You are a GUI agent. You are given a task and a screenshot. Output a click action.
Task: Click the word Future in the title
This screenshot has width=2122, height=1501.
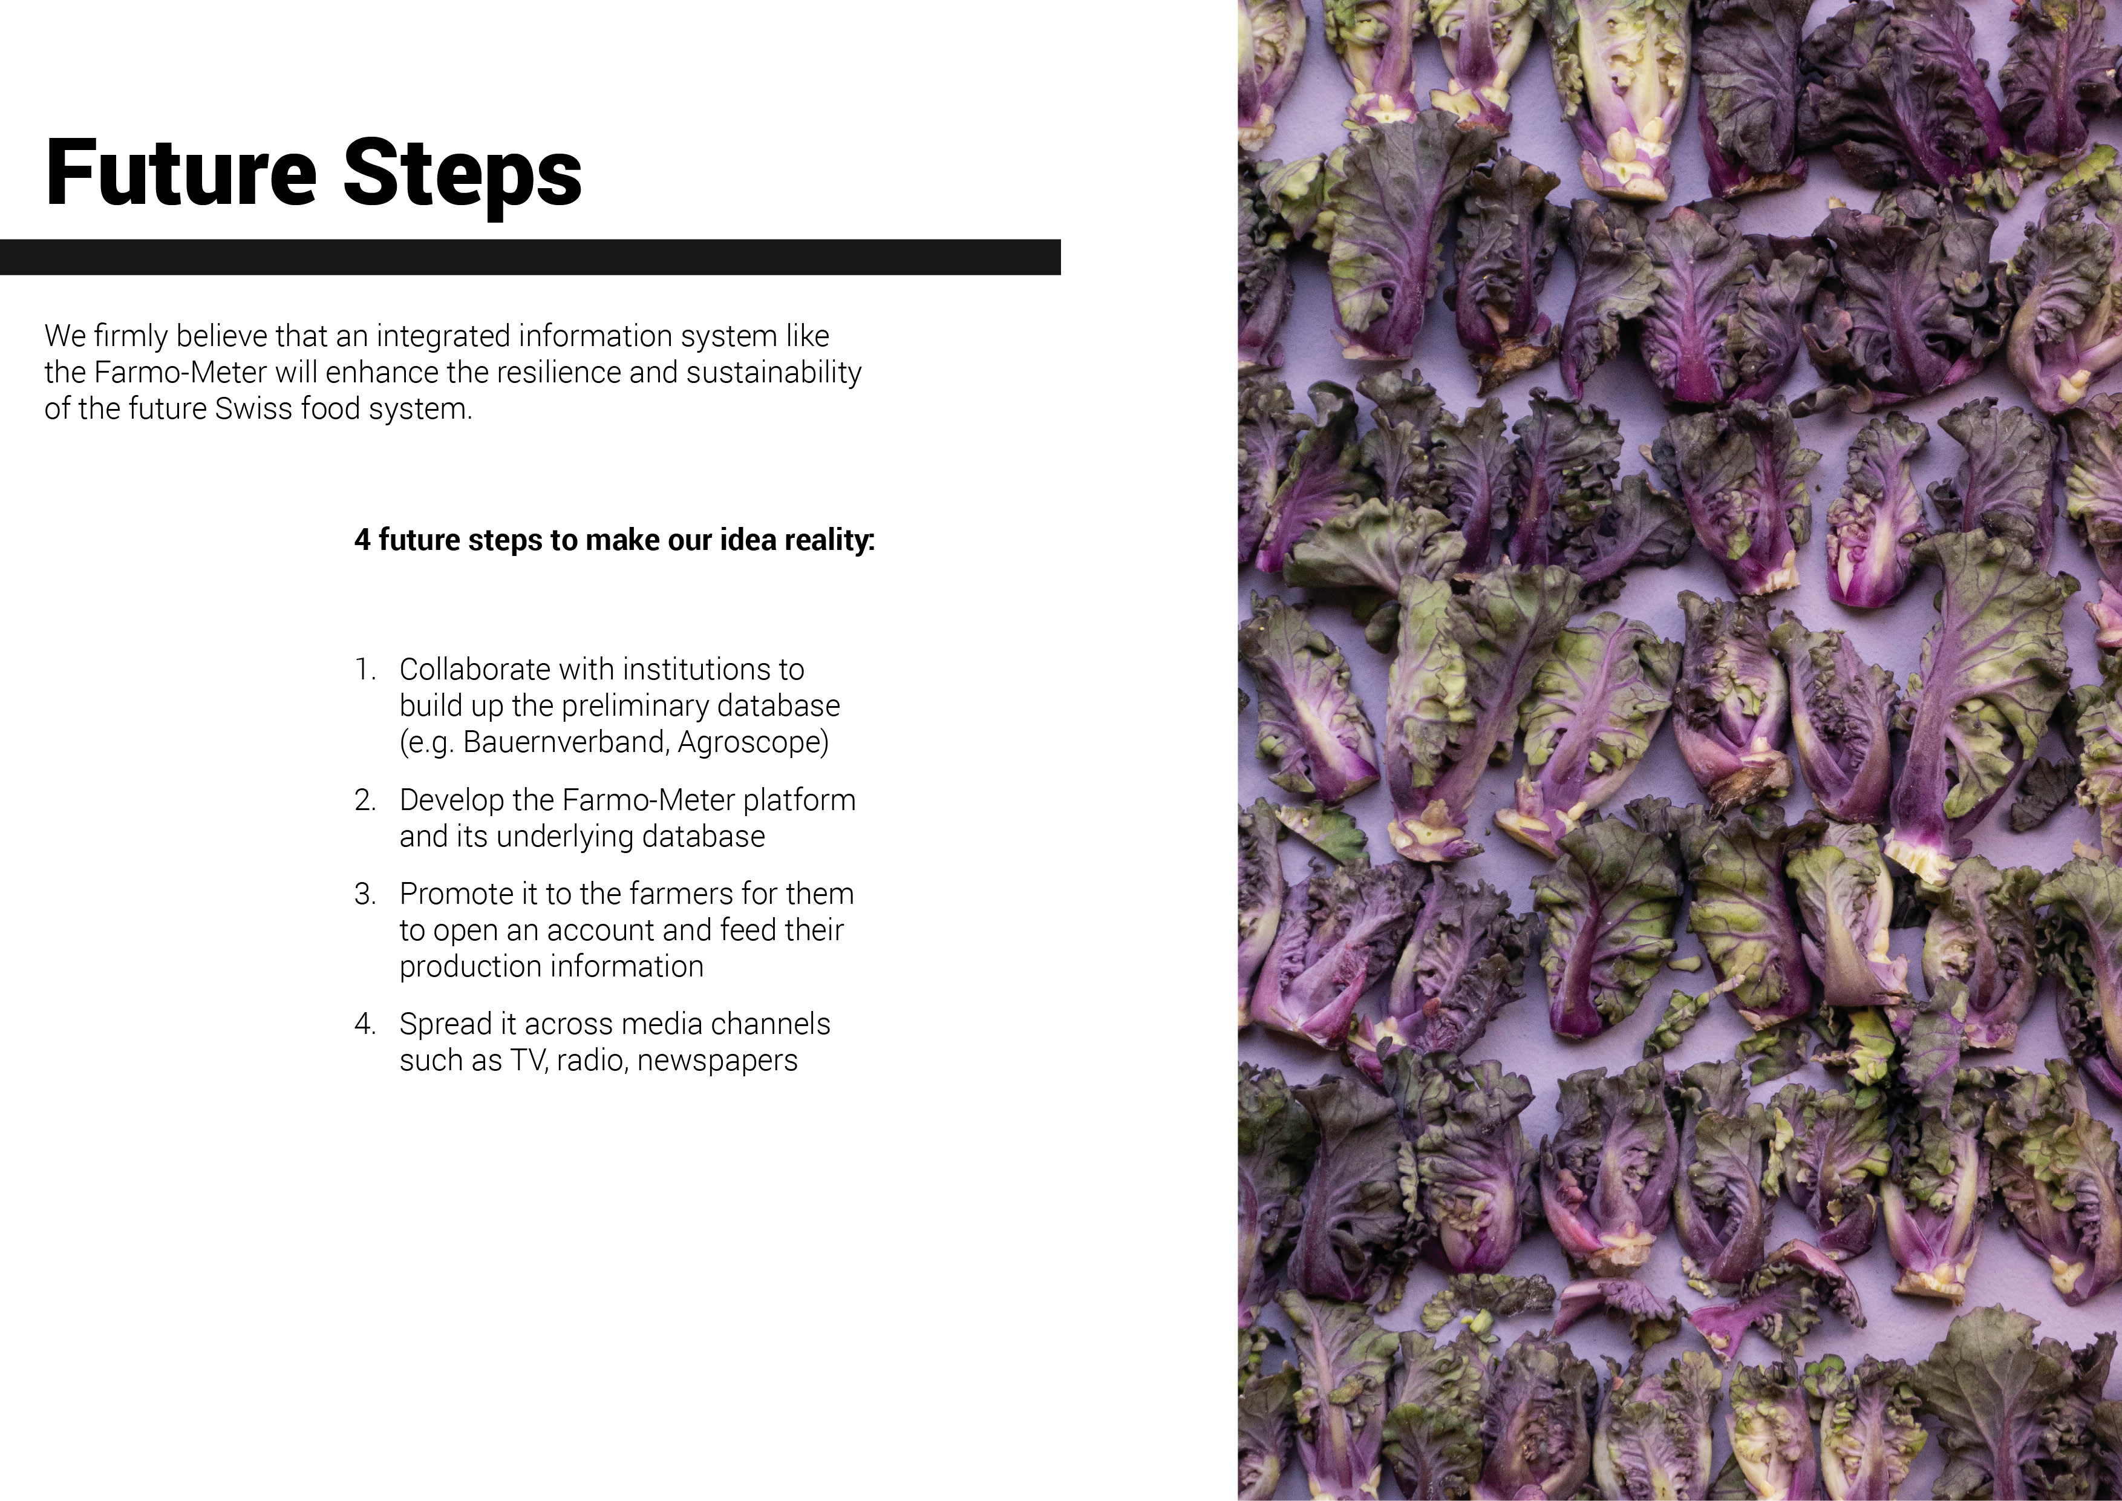coord(181,173)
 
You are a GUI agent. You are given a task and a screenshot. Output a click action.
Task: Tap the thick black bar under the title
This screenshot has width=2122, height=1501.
coord(530,257)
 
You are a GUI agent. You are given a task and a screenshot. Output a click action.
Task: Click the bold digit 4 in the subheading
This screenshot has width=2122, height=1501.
coord(362,540)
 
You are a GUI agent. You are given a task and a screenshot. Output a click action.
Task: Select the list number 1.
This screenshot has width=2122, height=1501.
coord(364,669)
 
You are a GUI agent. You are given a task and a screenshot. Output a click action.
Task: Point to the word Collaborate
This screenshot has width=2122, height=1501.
coord(475,669)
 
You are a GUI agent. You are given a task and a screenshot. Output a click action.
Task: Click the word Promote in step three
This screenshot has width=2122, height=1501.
coord(451,894)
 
